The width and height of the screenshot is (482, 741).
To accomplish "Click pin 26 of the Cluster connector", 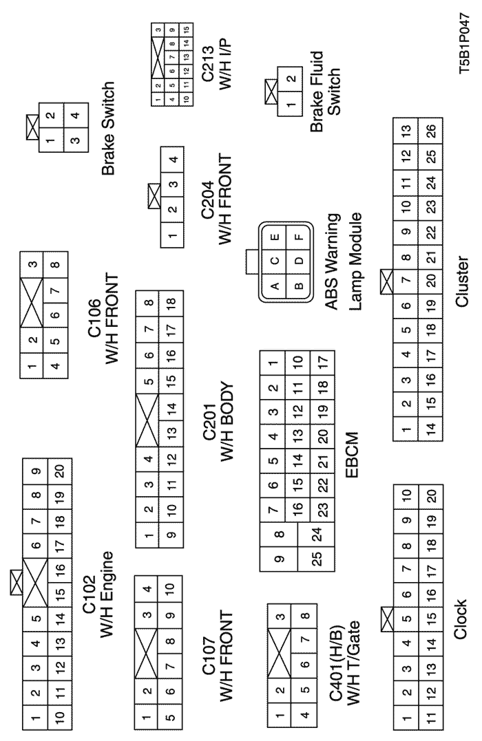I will (x=432, y=130).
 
